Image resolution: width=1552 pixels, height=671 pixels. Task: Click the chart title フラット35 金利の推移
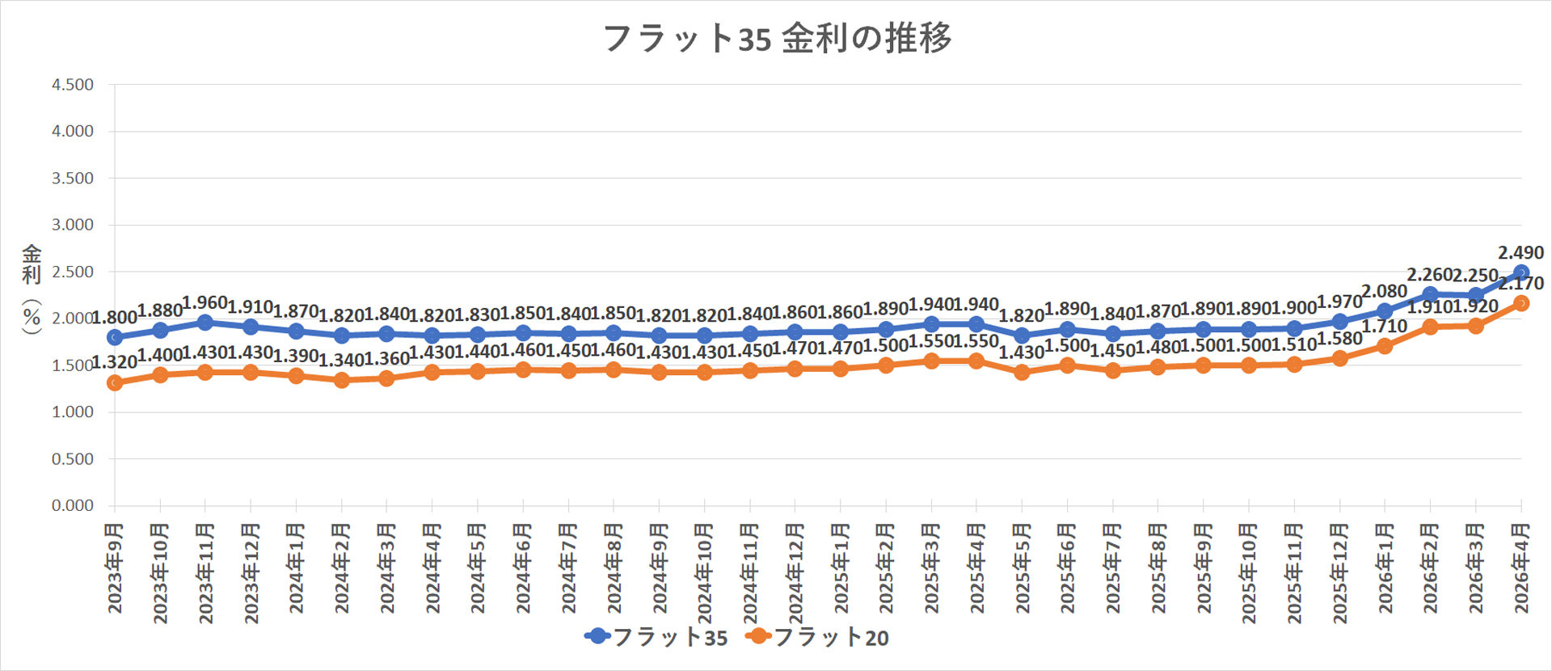777,38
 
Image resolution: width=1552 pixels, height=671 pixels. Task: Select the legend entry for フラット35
656,637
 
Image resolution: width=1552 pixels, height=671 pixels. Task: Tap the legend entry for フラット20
817,637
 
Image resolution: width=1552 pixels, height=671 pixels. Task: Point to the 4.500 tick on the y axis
73,85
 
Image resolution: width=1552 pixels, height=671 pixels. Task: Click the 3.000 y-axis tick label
73,225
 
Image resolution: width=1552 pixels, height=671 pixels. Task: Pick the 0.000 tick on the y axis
73,505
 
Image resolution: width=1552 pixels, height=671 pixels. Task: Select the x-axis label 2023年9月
115,568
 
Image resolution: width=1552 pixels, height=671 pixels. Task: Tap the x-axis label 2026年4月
1520,568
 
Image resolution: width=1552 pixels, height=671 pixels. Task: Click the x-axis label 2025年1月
841,568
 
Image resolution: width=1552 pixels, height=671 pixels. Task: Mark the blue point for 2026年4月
1520,272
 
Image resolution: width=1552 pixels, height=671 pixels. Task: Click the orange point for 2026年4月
1520,303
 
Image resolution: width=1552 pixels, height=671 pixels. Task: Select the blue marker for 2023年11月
205,323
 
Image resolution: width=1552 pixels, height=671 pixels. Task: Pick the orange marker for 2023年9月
115,382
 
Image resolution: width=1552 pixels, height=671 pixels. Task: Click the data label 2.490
1520,253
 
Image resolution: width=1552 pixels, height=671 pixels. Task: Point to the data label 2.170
1520,284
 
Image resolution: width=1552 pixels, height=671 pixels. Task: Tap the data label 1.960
205,303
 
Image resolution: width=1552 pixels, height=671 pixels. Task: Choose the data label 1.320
114,362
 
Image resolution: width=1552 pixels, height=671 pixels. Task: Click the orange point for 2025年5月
1022,372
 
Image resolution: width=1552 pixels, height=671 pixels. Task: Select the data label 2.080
1384,292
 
